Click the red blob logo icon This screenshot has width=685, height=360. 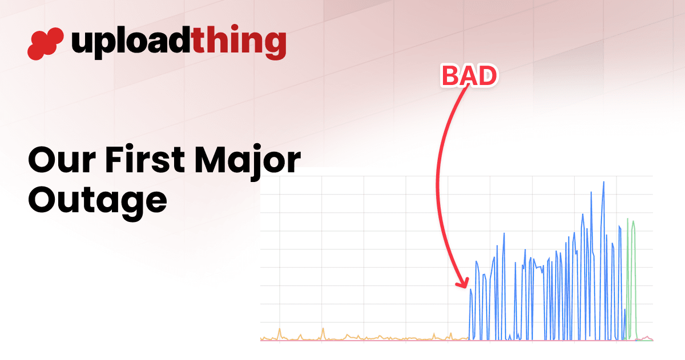[x=46, y=44]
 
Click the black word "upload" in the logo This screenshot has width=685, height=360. [x=131, y=43]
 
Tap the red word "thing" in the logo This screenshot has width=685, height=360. [x=239, y=42]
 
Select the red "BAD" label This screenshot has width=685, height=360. [x=470, y=76]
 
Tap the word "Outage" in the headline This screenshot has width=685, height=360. [x=98, y=203]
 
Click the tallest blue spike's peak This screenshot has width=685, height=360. [x=604, y=182]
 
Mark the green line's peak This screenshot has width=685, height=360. [x=627, y=219]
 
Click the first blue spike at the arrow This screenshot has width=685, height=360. [x=470, y=289]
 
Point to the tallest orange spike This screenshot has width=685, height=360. [x=323, y=329]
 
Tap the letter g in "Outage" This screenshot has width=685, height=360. [x=133, y=205]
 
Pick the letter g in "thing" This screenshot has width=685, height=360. [x=275, y=45]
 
